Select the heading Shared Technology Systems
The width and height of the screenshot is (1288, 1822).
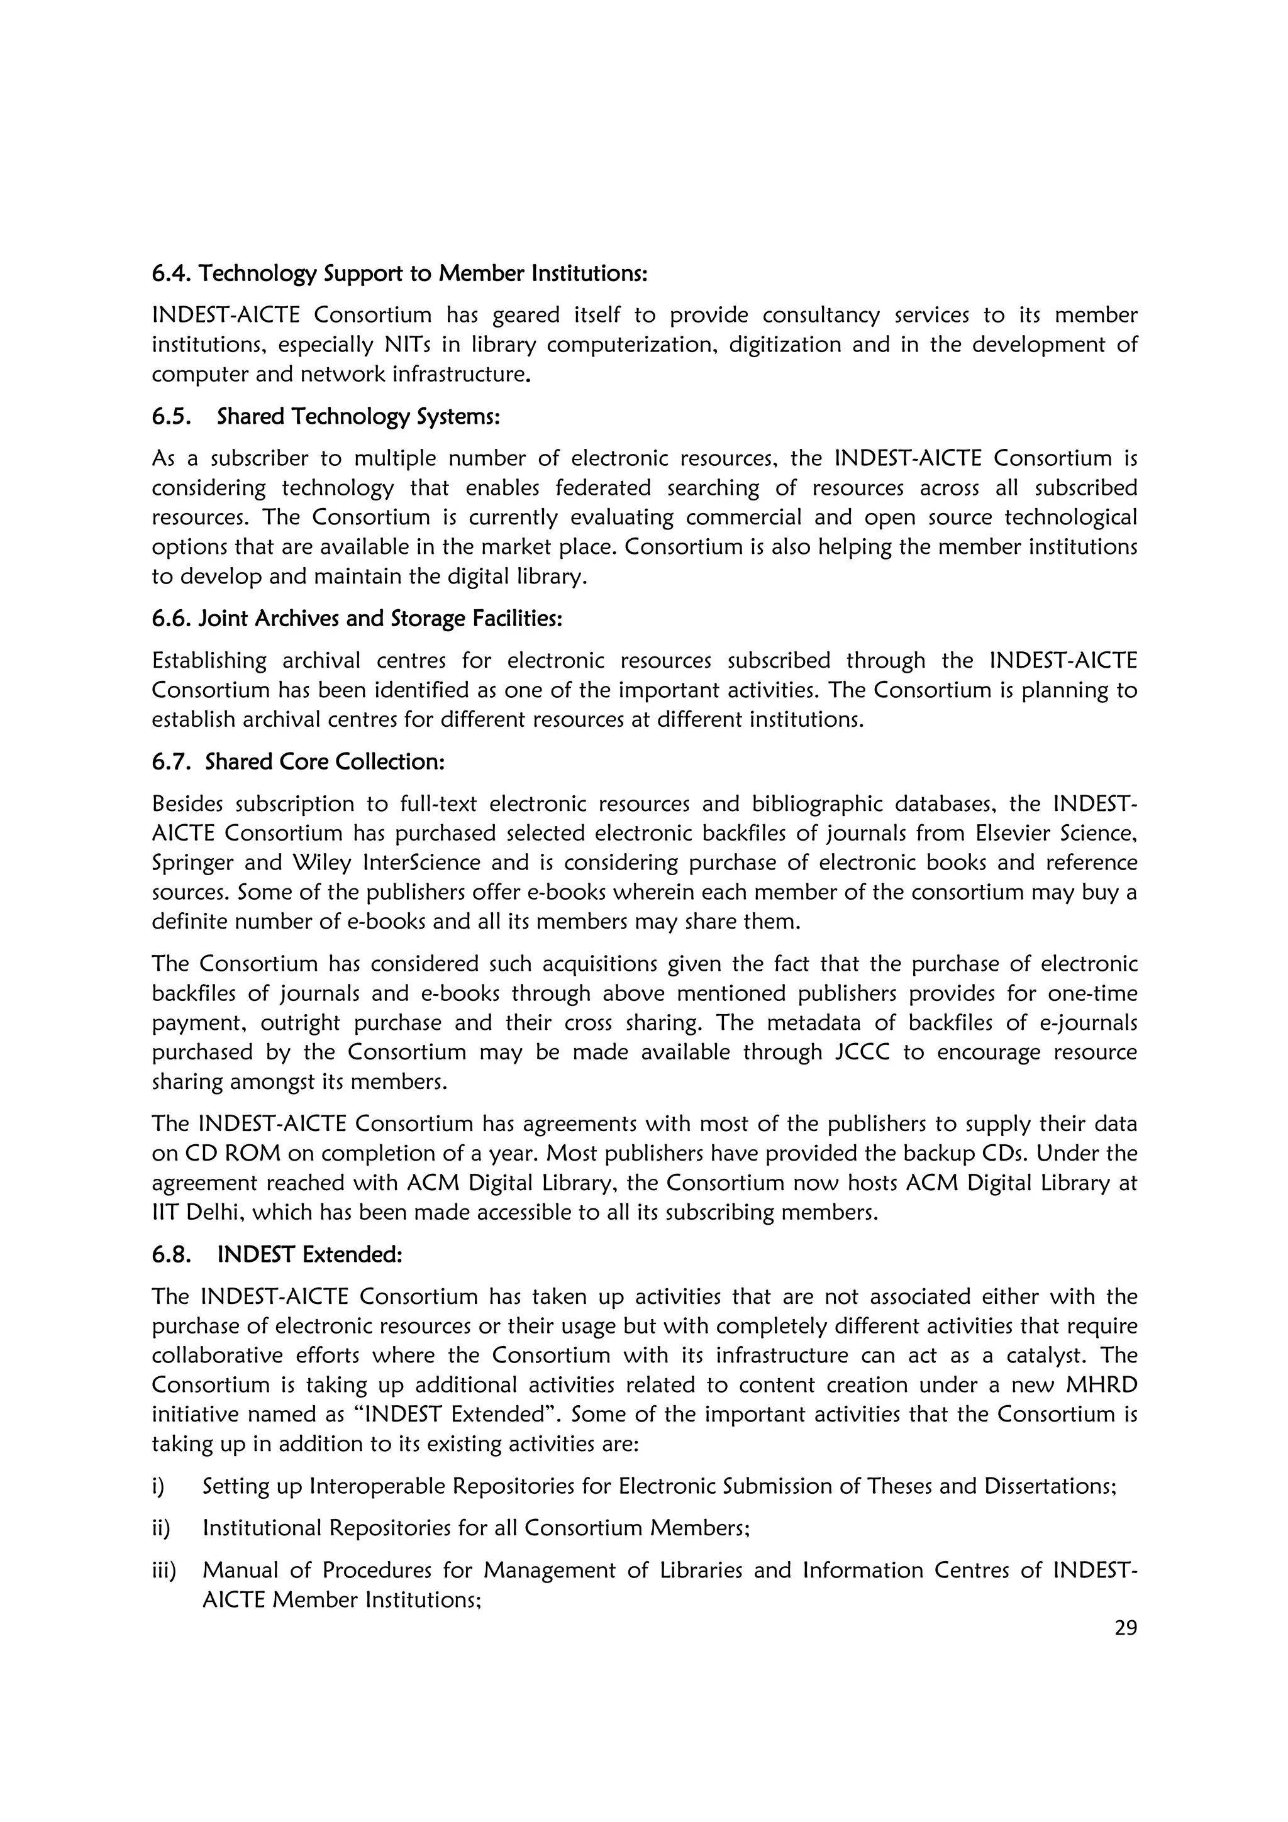pyautogui.click(x=358, y=417)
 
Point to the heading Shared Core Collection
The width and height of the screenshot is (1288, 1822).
pyautogui.click(x=325, y=762)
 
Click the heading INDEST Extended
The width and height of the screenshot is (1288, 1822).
pyautogui.click(x=309, y=1255)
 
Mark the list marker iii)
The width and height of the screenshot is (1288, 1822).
pyautogui.click(x=164, y=1571)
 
